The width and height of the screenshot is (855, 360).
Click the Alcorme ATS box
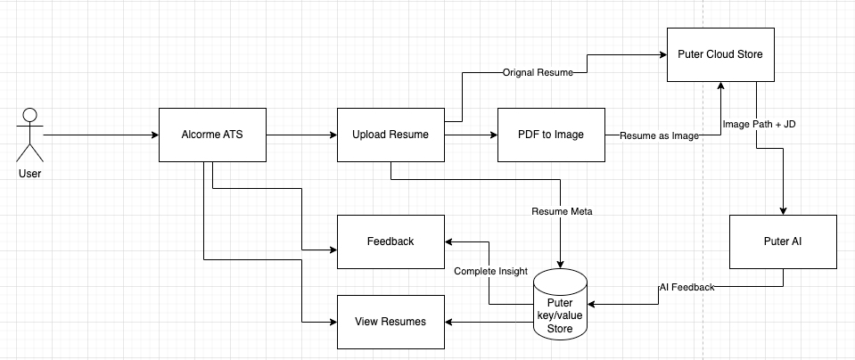pyautogui.click(x=212, y=135)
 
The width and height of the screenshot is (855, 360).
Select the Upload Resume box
pyautogui.click(x=391, y=135)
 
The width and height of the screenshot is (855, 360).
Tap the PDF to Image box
pyautogui.click(x=551, y=135)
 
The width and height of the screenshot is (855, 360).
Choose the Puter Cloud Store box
pyautogui.click(x=720, y=55)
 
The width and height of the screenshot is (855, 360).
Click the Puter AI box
pyautogui.click(x=783, y=241)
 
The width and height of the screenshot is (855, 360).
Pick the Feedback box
pyautogui.click(x=391, y=241)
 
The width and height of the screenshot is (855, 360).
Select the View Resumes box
pyautogui.click(x=391, y=322)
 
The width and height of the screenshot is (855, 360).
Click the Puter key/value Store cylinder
pyautogui.click(x=559, y=305)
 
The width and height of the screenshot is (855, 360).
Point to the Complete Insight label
pyautogui.click(x=489, y=270)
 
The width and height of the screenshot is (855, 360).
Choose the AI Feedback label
pyautogui.click(x=686, y=286)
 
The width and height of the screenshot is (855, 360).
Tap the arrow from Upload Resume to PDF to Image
pyautogui.click(x=471, y=135)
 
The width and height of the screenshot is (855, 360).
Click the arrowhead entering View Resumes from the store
pyautogui.click(x=450, y=322)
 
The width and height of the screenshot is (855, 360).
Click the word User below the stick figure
pyautogui.click(x=29, y=173)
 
